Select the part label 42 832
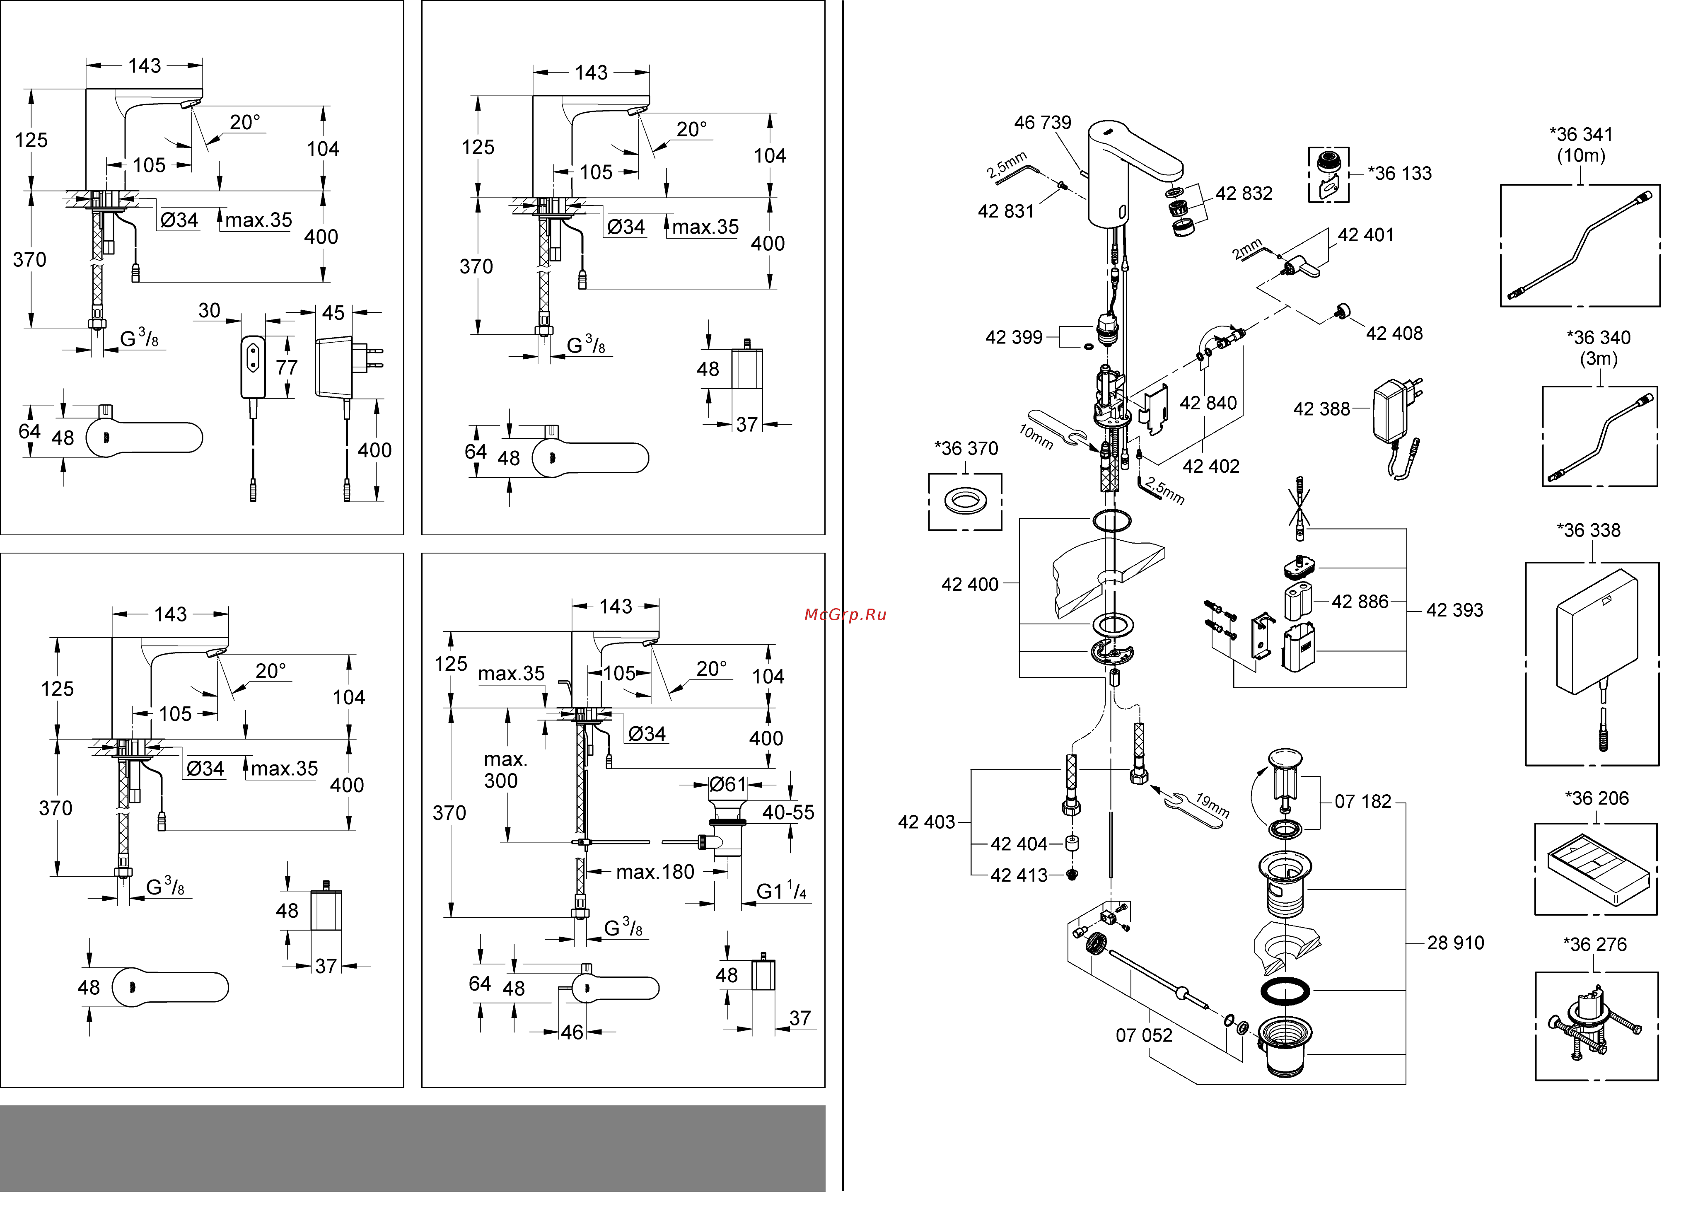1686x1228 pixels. pyautogui.click(x=1244, y=193)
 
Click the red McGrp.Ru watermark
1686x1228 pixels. pyautogui.click(x=845, y=615)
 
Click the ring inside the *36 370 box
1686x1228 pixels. pyautogui.click(x=965, y=501)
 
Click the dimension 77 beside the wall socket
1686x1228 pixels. pyautogui.click(x=286, y=368)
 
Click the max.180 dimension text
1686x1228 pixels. pyautogui.click(x=655, y=872)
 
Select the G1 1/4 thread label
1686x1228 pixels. pyautogui.click(x=780, y=891)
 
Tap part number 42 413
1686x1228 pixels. pyautogui.click(x=1019, y=876)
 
